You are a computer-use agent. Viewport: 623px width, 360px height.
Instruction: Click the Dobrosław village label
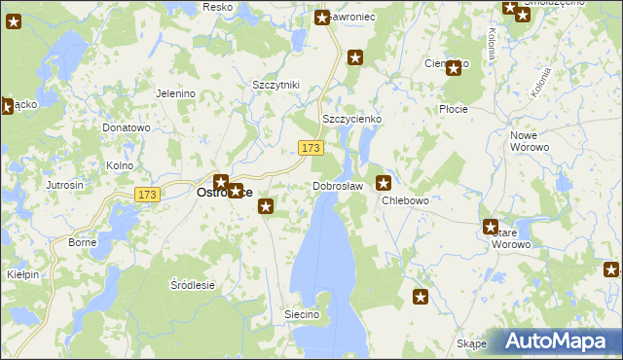point(338,186)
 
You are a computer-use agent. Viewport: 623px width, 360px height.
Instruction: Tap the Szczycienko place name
point(351,119)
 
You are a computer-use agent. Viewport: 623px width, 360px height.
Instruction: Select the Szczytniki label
point(275,85)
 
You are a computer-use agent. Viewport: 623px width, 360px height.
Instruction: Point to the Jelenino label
point(176,93)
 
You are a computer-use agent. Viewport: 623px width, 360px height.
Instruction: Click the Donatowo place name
point(126,127)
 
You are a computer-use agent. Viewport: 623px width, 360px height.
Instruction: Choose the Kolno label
point(120,165)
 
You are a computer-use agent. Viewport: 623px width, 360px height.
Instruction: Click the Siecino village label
point(302,315)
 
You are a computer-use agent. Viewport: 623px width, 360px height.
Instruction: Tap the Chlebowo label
point(405,200)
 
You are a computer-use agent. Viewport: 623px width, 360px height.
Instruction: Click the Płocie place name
point(454,109)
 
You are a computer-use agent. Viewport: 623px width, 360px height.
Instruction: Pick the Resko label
point(216,7)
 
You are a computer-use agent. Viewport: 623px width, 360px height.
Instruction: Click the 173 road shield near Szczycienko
point(311,147)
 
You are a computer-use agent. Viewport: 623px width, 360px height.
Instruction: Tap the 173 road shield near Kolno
point(147,195)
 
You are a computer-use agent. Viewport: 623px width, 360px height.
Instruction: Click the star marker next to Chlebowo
point(384,182)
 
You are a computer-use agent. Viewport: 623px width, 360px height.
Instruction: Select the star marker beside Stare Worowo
point(491,227)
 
